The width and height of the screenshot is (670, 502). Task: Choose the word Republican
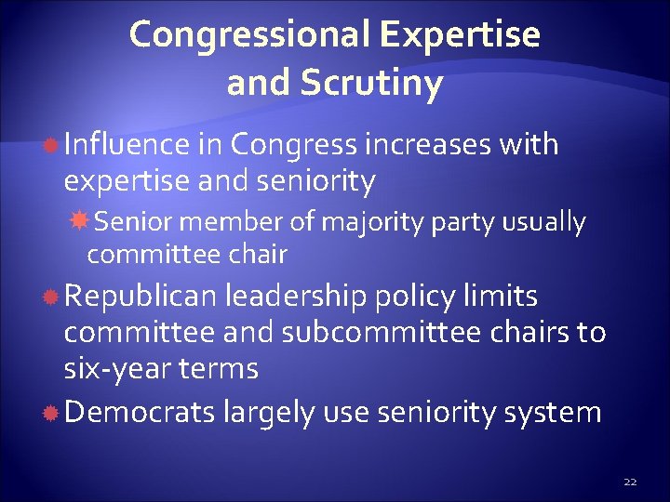pos(139,297)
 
